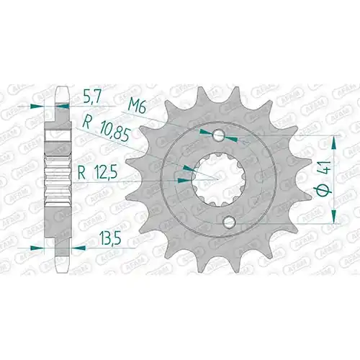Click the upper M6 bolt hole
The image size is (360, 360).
(219, 135)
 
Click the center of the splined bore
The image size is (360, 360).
(218, 179)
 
